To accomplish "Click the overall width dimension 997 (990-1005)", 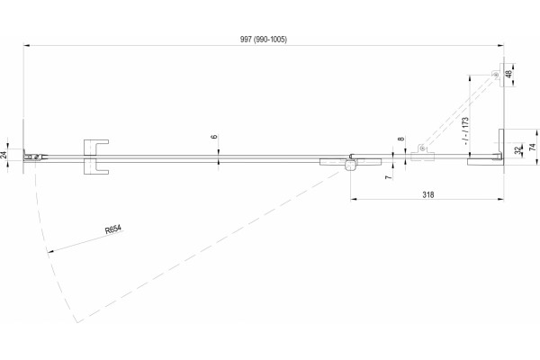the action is (263, 40).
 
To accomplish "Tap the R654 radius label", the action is (113, 229).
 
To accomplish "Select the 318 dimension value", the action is (428, 194).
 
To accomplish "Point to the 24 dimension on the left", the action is (4, 155).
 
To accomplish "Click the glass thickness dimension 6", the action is (214, 137).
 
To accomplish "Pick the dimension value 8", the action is (400, 139).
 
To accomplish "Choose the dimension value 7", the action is (389, 177).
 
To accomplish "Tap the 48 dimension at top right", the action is (509, 74).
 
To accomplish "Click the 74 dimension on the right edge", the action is (533, 147).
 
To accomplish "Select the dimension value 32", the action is (517, 150).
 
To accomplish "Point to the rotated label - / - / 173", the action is (465, 130).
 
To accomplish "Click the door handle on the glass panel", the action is (96, 157).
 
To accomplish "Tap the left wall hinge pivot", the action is (36, 157).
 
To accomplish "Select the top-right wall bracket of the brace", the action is (500, 75).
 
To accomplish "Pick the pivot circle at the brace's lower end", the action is (421, 148).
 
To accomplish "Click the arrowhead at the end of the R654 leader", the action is (50, 251).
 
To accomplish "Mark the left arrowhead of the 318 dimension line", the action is (354, 199).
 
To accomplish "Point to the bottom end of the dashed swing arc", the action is (76, 322).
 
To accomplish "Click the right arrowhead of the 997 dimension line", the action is (501, 45).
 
